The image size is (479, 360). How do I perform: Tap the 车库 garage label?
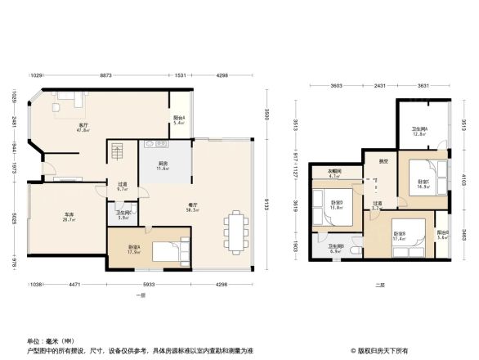tap(70, 216)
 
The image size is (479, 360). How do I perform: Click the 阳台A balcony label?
tap(179, 119)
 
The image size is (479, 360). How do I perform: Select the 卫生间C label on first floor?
tap(122, 215)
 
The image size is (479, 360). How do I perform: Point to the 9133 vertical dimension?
tap(267, 203)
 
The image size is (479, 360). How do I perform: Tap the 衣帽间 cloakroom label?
tap(334, 173)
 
